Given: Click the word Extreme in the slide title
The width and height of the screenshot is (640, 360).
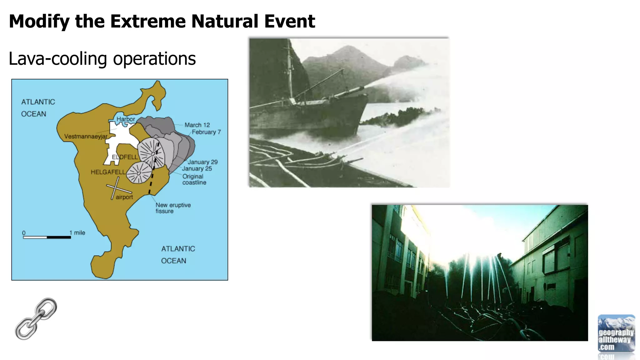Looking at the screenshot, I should pos(148,21).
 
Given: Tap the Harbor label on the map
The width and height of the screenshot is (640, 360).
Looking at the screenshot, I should pos(126,119).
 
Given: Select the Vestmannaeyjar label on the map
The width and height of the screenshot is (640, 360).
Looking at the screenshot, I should pos(86,137).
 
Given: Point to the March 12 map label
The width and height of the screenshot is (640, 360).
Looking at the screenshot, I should pos(197,125).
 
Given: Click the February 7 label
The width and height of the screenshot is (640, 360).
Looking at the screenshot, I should pos(206,132).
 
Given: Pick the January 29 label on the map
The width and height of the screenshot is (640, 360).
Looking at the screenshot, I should pos(202,162).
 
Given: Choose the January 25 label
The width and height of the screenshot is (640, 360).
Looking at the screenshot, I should pos(197,169).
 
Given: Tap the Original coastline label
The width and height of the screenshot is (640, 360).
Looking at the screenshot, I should pos(194,179).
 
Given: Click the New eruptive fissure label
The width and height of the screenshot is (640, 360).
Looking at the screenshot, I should pos(173,208).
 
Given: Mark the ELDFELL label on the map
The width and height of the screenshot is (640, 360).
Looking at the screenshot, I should pos(125,157).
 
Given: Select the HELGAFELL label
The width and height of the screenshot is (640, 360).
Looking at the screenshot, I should pos(108,172).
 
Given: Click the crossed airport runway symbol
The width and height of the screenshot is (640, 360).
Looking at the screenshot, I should pos(116,188).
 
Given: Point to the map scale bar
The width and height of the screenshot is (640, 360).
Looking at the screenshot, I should pos(47,237).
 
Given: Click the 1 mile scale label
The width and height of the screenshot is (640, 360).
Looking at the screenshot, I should pos(77,233).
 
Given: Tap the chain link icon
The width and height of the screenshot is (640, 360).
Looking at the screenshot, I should pos(36,319).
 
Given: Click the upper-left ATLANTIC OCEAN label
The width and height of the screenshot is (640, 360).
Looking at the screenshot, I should pos(38,108).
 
